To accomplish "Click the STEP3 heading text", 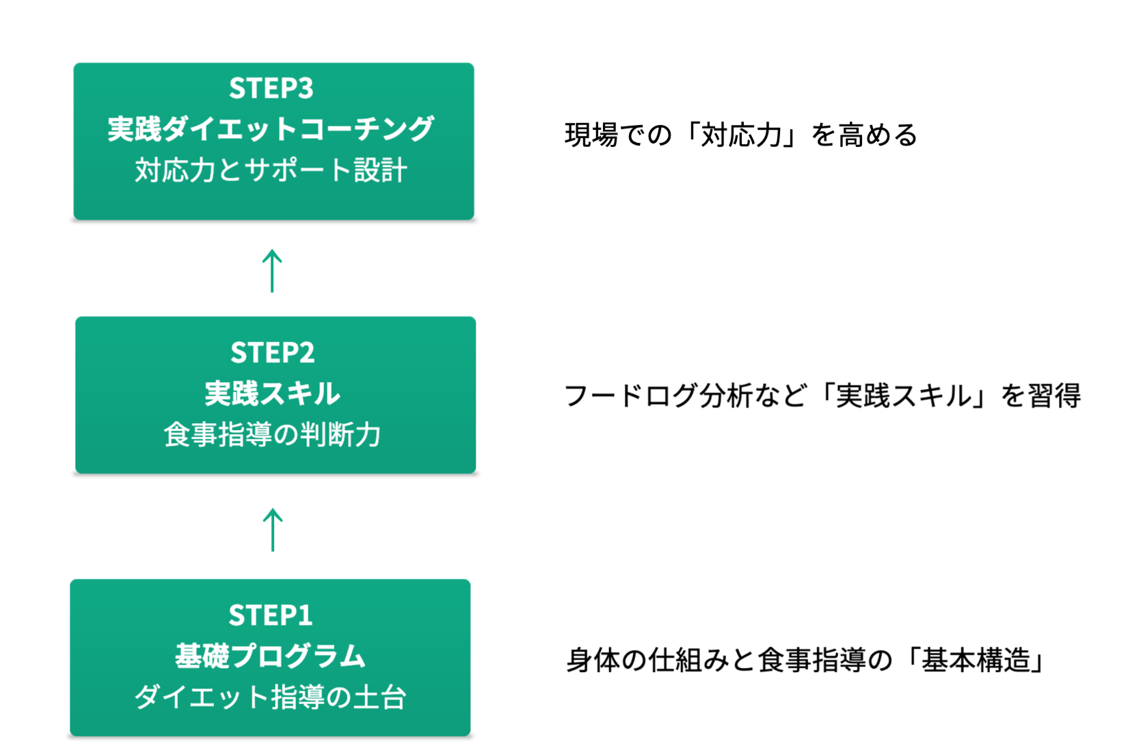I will [x=271, y=88].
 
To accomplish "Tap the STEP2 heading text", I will [x=273, y=353].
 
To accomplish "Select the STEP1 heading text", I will [x=271, y=615].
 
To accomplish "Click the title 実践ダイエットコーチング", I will [x=271, y=129].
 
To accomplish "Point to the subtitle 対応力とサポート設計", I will [x=271, y=170].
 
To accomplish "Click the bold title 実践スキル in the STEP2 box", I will [x=273, y=394].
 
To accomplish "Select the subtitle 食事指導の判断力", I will [x=273, y=435].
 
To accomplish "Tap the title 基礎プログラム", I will [x=271, y=656].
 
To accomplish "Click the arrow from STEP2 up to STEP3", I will [x=272, y=271].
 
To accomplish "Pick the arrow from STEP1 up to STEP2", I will [x=273, y=530].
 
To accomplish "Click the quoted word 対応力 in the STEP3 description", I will [x=742, y=135].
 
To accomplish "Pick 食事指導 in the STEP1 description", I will [x=811, y=660].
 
